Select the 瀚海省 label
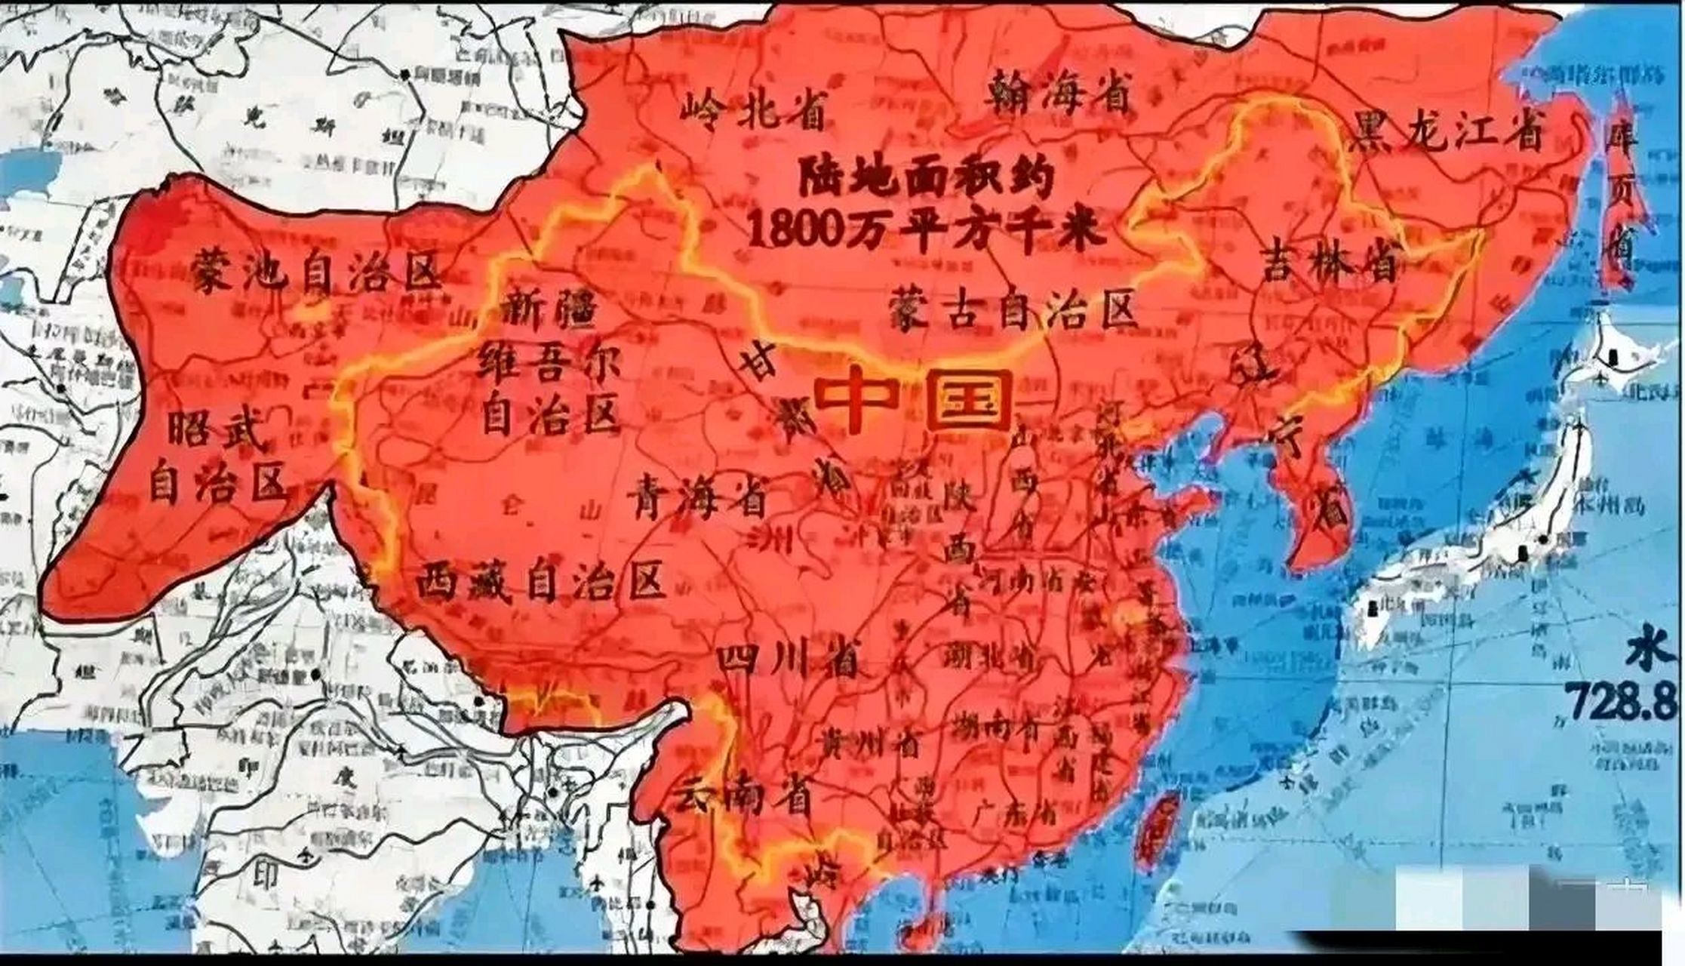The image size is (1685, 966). click(x=1059, y=88)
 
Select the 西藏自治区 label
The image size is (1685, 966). click(x=540, y=581)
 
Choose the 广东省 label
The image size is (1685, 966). click(x=1012, y=815)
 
